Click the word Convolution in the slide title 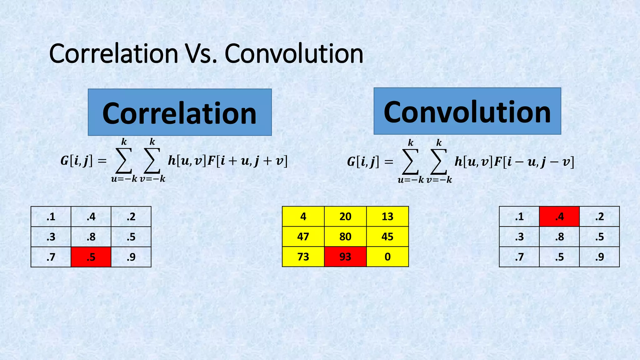click(294, 54)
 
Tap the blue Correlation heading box click(180, 112)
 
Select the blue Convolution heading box click(467, 111)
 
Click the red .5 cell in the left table click(91, 257)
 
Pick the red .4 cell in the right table click(559, 217)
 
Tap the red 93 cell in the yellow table click(345, 257)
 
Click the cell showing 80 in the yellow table click(345, 237)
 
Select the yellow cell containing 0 click(387, 257)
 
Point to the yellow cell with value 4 click(303, 217)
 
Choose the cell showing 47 click(303, 237)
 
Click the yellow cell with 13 click(387, 217)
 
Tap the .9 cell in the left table click(131, 257)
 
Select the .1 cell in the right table click(519, 217)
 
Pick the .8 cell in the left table click(91, 237)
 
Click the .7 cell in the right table click(519, 257)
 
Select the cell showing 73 click(303, 257)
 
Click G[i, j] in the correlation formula click(77, 161)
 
